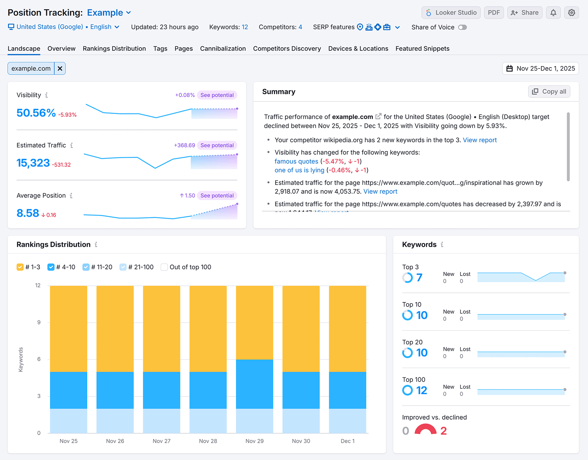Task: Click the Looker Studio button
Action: (x=451, y=12)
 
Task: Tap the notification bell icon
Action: (x=553, y=12)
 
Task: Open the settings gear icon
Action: (x=571, y=12)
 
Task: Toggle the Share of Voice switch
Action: (x=462, y=27)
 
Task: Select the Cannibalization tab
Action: (x=223, y=48)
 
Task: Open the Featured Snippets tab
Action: (x=422, y=48)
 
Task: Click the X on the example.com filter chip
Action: (x=60, y=68)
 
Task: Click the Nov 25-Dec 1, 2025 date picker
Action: (x=541, y=68)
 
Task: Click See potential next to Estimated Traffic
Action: (x=217, y=145)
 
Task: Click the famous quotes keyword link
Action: (x=296, y=161)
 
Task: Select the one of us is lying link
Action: (x=299, y=170)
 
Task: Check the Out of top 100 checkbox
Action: (x=164, y=267)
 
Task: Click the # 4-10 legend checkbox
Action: (x=51, y=267)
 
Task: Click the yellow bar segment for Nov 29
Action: (x=254, y=322)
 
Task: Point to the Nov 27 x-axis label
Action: (x=161, y=441)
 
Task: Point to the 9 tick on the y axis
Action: (x=39, y=322)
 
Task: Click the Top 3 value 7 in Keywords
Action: (x=419, y=278)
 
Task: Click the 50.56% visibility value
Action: (x=36, y=113)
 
